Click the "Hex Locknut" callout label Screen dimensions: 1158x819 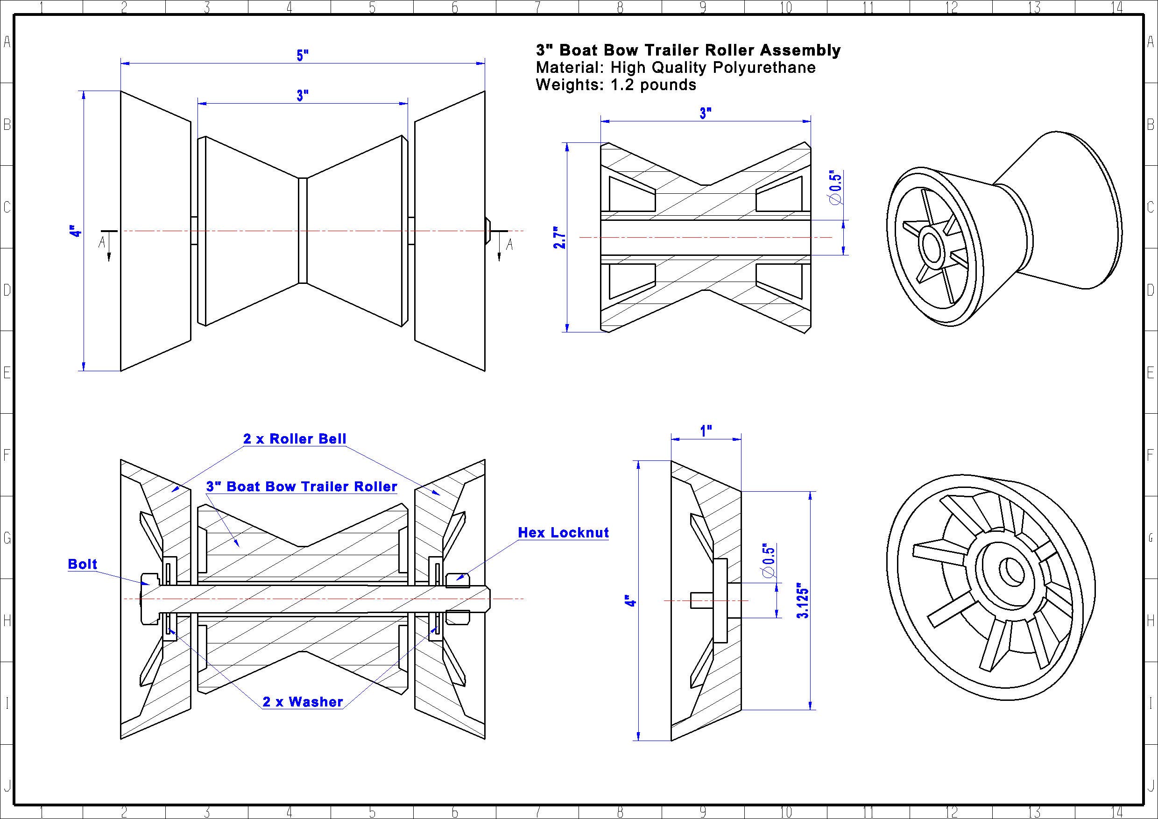pyautogui.click(x=564, y=533)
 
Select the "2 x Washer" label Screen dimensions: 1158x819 pyautogui.click(x=303, y=701)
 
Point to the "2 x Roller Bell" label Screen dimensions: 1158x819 pyautogui.click(x=295, y=439)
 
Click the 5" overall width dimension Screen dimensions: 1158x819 pyautogui.click(x=303, y=55)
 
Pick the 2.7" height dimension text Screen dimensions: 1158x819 pyautogui.click(x=560, y=237)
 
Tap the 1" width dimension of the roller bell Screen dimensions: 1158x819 pyautogui.click(x=706, y=431)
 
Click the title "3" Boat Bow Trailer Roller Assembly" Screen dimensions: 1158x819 pyautogui.click(x=688, y=50)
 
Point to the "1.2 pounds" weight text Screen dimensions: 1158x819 pyautogui.click(x=653, y=85)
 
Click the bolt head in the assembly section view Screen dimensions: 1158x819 pyautogui.click(x=150, y=599)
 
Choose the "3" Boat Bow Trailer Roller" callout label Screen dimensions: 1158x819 pyautogui.click(x=302, y=487)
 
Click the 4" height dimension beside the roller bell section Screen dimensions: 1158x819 pyautogui.click(x=630, y=601)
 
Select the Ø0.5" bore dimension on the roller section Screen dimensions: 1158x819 pyautogui.click(x=835, y=187)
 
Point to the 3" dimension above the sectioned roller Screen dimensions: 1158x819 pyautogui.click(x=706, y=113)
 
